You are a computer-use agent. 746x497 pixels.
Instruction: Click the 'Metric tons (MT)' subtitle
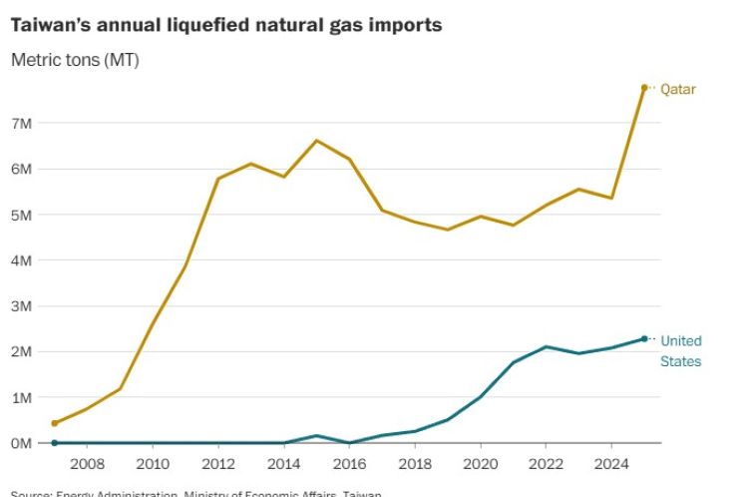[x=75, y=60]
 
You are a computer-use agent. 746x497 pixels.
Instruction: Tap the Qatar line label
[x=677, y=89]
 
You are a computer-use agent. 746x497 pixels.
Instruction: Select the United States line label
[x=680, y=350]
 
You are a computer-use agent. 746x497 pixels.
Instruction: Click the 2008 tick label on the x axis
[x=87, y=463]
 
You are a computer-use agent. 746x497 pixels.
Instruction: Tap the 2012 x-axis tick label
[x=217, y=463]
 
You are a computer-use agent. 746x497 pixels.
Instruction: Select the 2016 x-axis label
[x=349, y=463]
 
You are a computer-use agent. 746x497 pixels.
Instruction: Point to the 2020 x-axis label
[x=480, y=463]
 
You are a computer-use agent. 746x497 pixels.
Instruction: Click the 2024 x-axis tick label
[x=611, y=463]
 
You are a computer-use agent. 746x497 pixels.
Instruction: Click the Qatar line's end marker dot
[x=644, y=88]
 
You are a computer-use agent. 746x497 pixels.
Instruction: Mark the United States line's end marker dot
[x=644, y=339]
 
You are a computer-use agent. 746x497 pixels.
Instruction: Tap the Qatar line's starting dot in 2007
[x=55, y=423]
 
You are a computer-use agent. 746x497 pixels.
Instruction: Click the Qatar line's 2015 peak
[x=316, y=141]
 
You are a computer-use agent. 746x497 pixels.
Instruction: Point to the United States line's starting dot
[x=55, y=443]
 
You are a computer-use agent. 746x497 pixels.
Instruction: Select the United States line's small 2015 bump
[x=316, y=436]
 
